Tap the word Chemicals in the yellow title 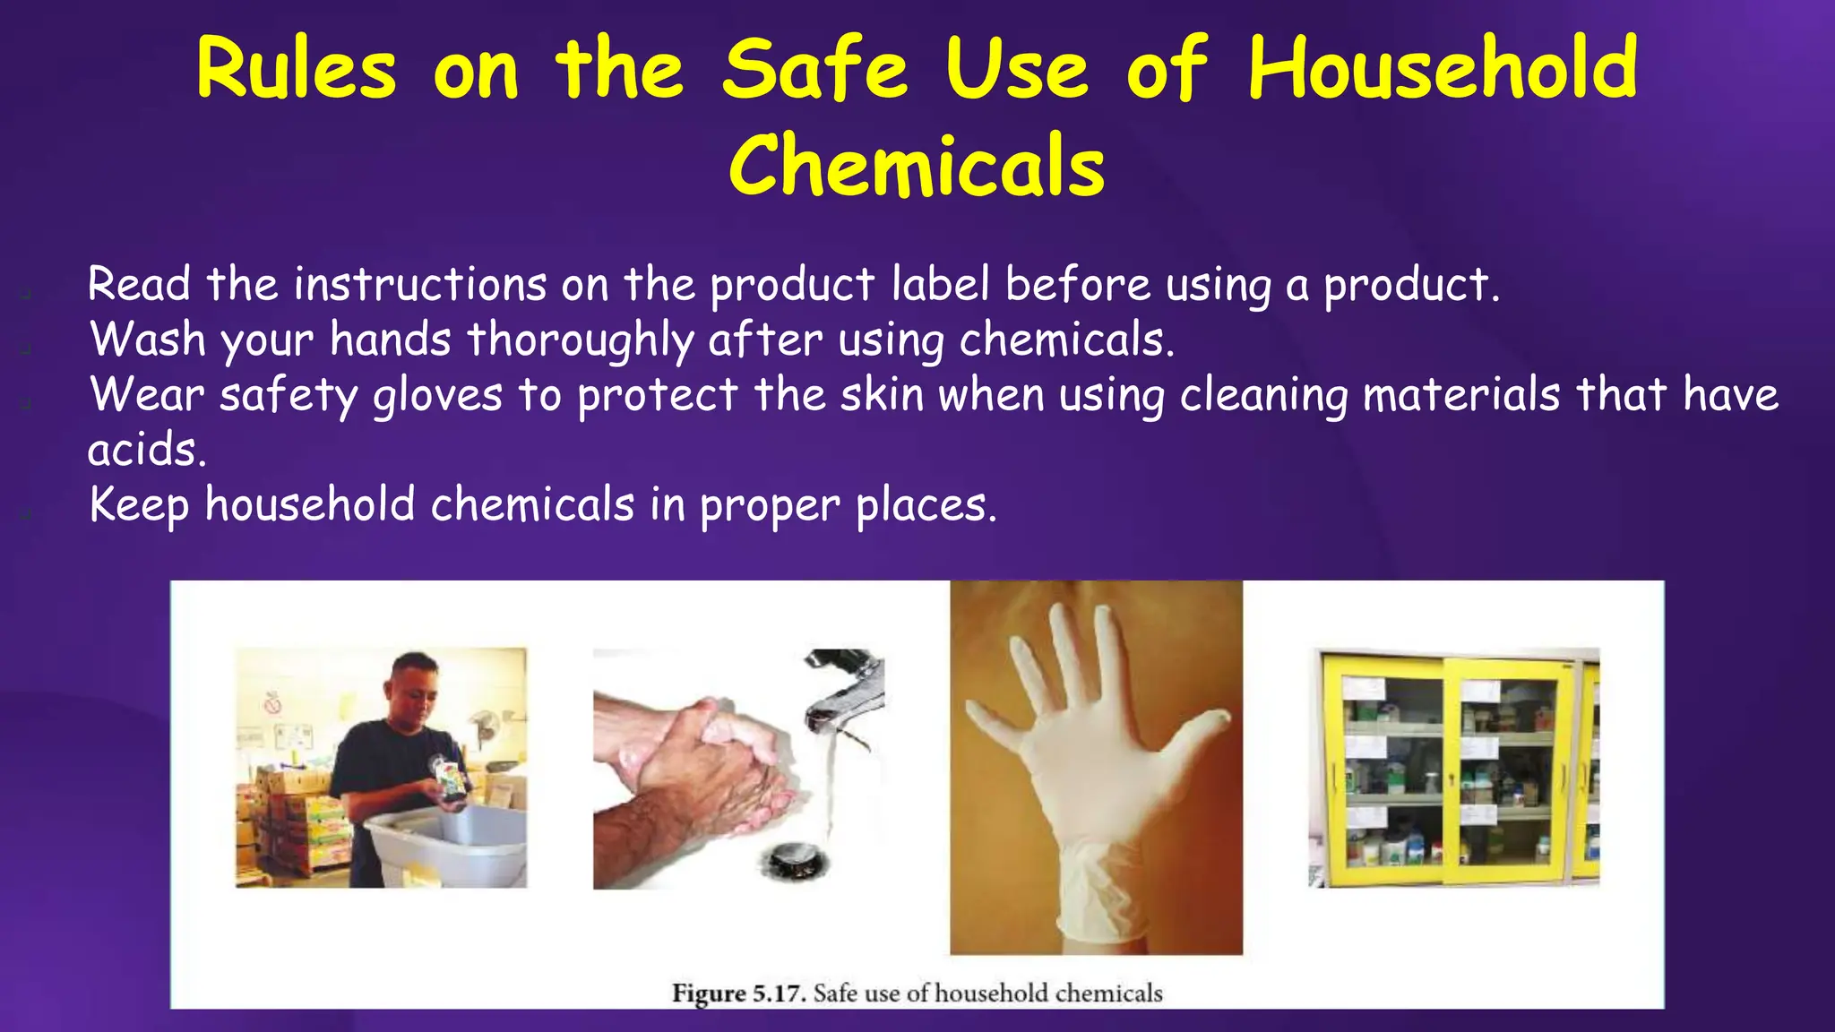917,166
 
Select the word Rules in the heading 296,70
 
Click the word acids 146,450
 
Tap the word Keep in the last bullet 139,505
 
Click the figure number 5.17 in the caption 779,993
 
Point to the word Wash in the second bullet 148,340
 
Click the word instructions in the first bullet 419,285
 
